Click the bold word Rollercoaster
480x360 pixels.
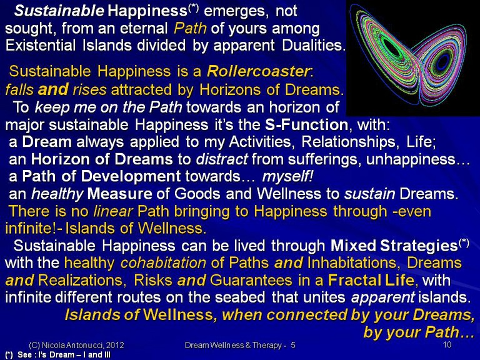(258, 71)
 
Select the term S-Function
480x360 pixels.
(306, 125)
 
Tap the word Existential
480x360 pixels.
(40, 45)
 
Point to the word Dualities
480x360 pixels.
(314, 45)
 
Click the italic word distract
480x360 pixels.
(222, 159)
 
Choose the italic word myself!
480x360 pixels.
(287, 177)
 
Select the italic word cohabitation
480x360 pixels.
(163, 263)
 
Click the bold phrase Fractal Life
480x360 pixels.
(371, 281)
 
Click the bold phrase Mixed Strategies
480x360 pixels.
(394, 246)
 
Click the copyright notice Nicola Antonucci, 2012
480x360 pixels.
(76, 345)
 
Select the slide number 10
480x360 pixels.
(447, 345)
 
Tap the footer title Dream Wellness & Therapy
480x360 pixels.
(233, 345)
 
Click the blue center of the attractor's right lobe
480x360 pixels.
(442, 62)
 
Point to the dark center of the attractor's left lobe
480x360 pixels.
(391, 48)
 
